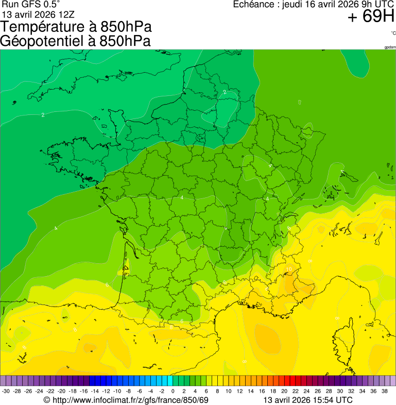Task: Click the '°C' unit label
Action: [393, 33]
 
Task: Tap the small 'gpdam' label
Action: [390, 47]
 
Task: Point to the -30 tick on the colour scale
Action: [6, 391]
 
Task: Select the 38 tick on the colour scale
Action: [384, 391]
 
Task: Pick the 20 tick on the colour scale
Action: [284, 391]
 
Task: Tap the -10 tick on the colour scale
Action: [117, 391]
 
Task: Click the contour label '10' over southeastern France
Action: [289, 269]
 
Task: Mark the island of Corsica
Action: [343, 337]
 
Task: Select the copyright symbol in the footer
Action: [47, 400]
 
